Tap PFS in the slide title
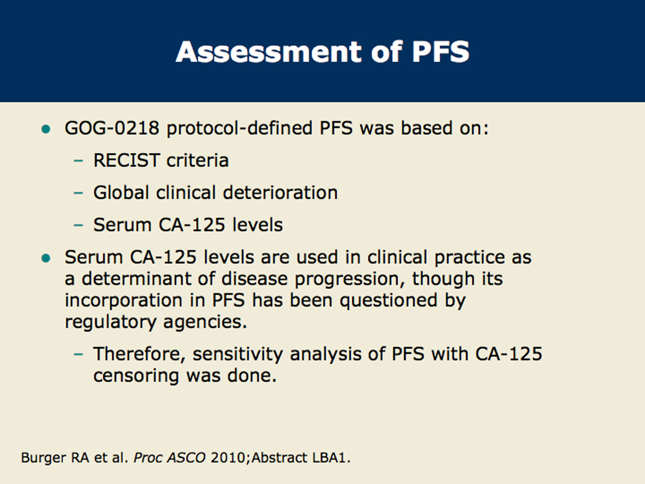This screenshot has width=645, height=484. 441,52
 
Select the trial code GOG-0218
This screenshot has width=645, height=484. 112,128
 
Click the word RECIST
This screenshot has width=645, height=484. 126,160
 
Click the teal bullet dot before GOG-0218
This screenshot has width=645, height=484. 46,129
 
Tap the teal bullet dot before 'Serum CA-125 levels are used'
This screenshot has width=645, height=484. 46,259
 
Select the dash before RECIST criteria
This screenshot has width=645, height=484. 78,161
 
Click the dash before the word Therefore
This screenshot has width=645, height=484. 78,354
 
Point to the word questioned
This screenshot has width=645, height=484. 388,300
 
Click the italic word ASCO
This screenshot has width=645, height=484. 186,458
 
